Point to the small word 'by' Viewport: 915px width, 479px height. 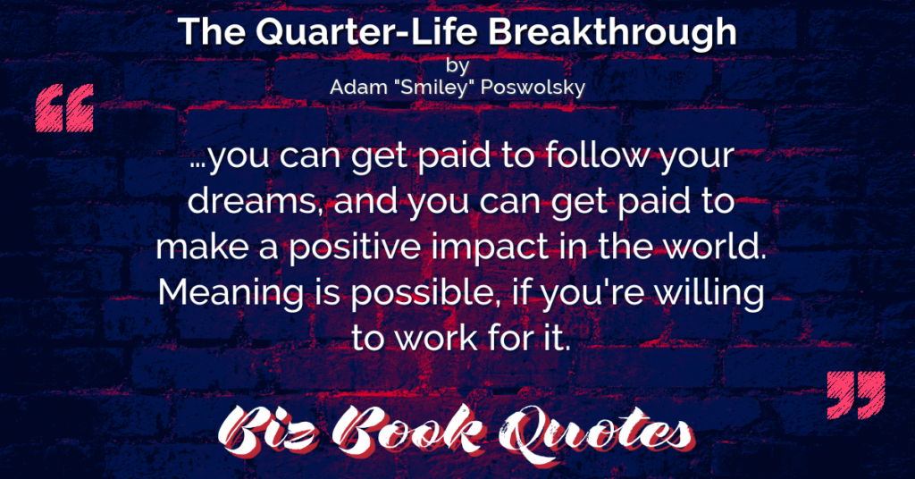click(457, 66)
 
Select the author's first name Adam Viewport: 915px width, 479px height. click(352, 88)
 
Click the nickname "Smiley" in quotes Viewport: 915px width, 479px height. click(430, 88)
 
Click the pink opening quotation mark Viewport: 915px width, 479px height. click(64, 108)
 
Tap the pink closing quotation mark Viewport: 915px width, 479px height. click(856, 394)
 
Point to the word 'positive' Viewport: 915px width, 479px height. click(355, 248)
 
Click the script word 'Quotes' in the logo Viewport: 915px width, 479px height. click(597, 433)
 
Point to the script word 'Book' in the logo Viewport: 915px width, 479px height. click(407, 432)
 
